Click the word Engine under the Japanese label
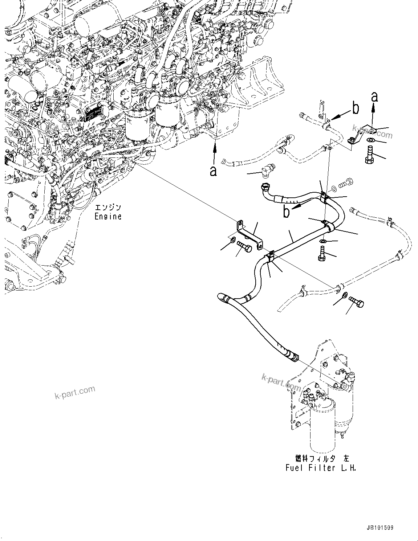coord(108,217)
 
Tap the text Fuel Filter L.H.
coord(321,468)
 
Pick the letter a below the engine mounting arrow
coord(213,171)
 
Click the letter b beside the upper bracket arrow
coord(356,108)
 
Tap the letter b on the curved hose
coord(287,212)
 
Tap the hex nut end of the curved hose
coord(264,188)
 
